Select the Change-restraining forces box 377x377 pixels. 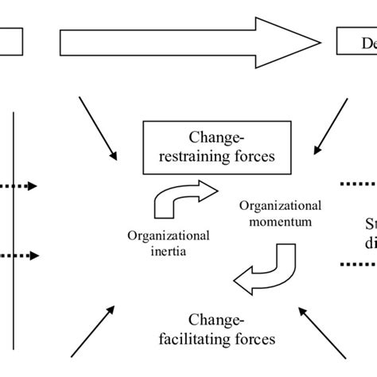[208, 146]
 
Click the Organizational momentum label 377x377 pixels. [267, 211]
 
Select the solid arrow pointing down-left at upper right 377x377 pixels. [330, 127]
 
